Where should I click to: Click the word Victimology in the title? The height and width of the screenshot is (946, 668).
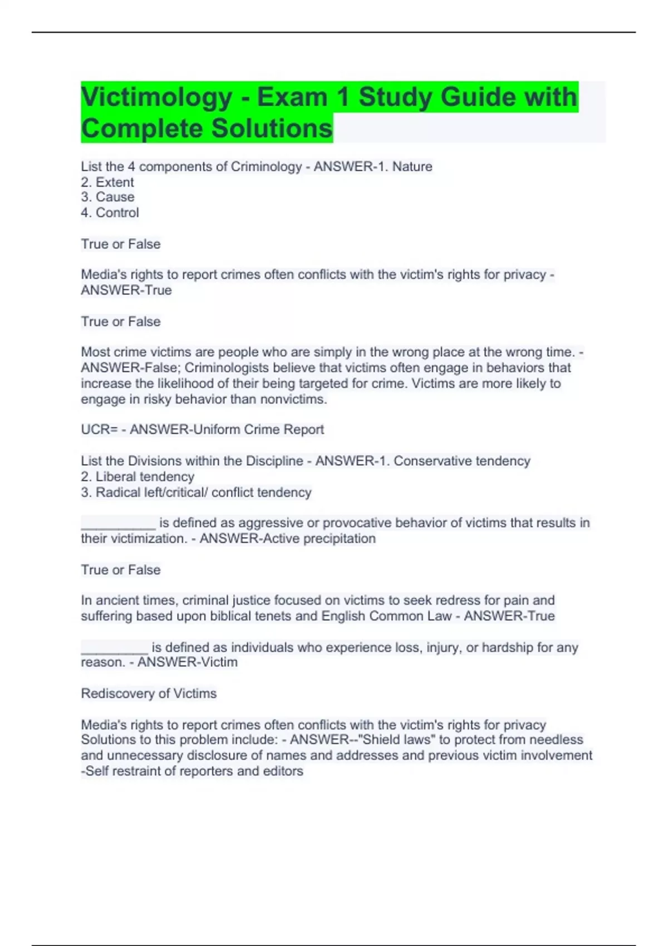pos(156,97)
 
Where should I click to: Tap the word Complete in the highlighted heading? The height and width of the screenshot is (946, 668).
pos(141,129)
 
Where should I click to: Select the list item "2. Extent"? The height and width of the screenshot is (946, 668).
pos(107,182)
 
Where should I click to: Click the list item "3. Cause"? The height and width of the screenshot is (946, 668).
pos(107,197)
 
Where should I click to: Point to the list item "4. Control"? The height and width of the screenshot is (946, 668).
pos(110,213)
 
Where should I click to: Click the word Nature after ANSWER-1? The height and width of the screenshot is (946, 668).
pos(412,166)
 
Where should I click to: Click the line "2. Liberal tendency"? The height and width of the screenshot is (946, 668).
pos(137,477)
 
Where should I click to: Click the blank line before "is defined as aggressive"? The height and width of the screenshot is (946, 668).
pos(118,524)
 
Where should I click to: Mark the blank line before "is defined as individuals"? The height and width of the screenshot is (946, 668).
pos(115,649)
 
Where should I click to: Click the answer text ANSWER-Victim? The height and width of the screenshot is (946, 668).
pos(188,662)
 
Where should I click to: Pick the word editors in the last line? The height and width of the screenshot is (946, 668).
pos(285,771)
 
